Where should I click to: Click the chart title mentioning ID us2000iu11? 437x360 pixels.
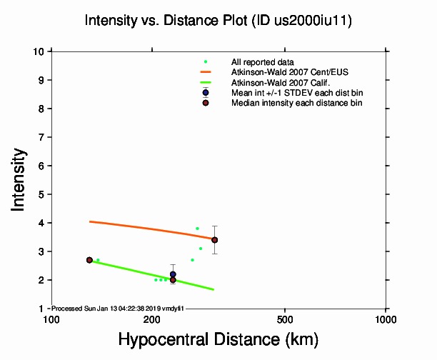(218, 21)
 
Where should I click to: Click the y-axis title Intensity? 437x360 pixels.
(20, 179)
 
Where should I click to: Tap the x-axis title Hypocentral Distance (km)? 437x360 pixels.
(218, 339)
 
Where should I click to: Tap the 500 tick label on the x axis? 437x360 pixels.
(285, 318)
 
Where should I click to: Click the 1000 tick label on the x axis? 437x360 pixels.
(386, 318)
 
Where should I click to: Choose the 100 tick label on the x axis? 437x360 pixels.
(51, 318)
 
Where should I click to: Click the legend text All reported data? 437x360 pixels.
(262, 62)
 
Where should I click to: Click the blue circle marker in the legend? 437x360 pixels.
(206, 93)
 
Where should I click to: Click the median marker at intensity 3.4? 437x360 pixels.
(214, 240)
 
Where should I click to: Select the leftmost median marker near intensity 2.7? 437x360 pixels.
(89, 260)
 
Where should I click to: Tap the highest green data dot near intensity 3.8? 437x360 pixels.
(197, 229)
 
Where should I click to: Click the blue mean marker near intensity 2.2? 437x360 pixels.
(173, 274)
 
